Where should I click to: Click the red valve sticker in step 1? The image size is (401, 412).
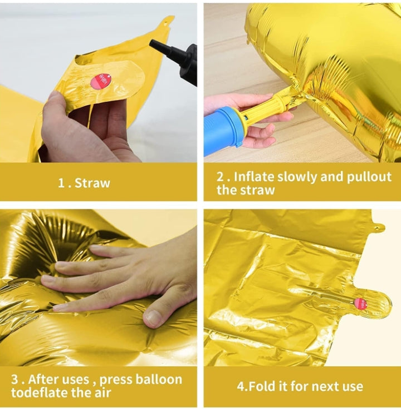105,79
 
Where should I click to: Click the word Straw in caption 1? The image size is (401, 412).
92,182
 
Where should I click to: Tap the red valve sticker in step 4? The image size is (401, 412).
360,304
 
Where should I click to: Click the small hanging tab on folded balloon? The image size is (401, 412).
378,227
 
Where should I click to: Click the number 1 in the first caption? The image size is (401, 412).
61,182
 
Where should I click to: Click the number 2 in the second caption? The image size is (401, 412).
220,176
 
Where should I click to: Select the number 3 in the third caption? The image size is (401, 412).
15,379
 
